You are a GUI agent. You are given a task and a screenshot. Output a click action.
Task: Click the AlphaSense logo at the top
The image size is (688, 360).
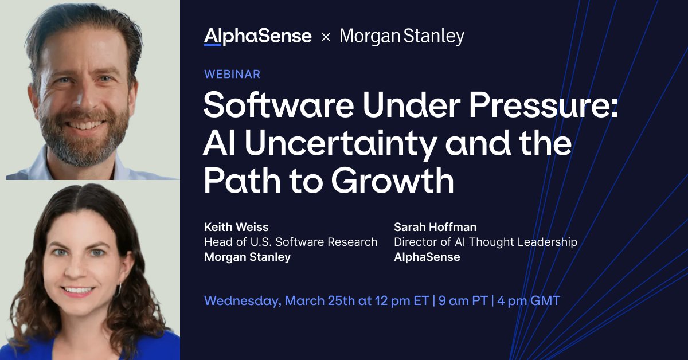click(257, 37)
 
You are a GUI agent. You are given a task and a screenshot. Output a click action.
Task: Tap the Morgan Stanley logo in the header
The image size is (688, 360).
click(401, 37)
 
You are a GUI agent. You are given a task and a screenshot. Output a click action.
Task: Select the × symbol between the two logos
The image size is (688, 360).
click(326, 37)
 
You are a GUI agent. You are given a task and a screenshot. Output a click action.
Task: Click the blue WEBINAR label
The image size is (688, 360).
click(232, 74)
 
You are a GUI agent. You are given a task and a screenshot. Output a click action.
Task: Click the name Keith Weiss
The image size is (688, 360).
click(237, 227)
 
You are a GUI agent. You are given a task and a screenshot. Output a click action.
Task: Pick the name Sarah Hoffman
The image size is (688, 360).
click(435, 227)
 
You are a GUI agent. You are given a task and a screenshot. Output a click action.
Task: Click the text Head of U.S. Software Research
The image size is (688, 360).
click(291, 242)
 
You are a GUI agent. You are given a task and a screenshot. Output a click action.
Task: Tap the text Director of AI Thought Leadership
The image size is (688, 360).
click(485, 242)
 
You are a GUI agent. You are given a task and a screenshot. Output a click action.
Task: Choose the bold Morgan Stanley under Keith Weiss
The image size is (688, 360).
click(247, 257)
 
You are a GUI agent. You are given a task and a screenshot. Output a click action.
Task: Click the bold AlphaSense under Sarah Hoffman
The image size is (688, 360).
click(427, 257)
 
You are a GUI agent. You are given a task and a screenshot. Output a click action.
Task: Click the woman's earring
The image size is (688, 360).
click(119, 289)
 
